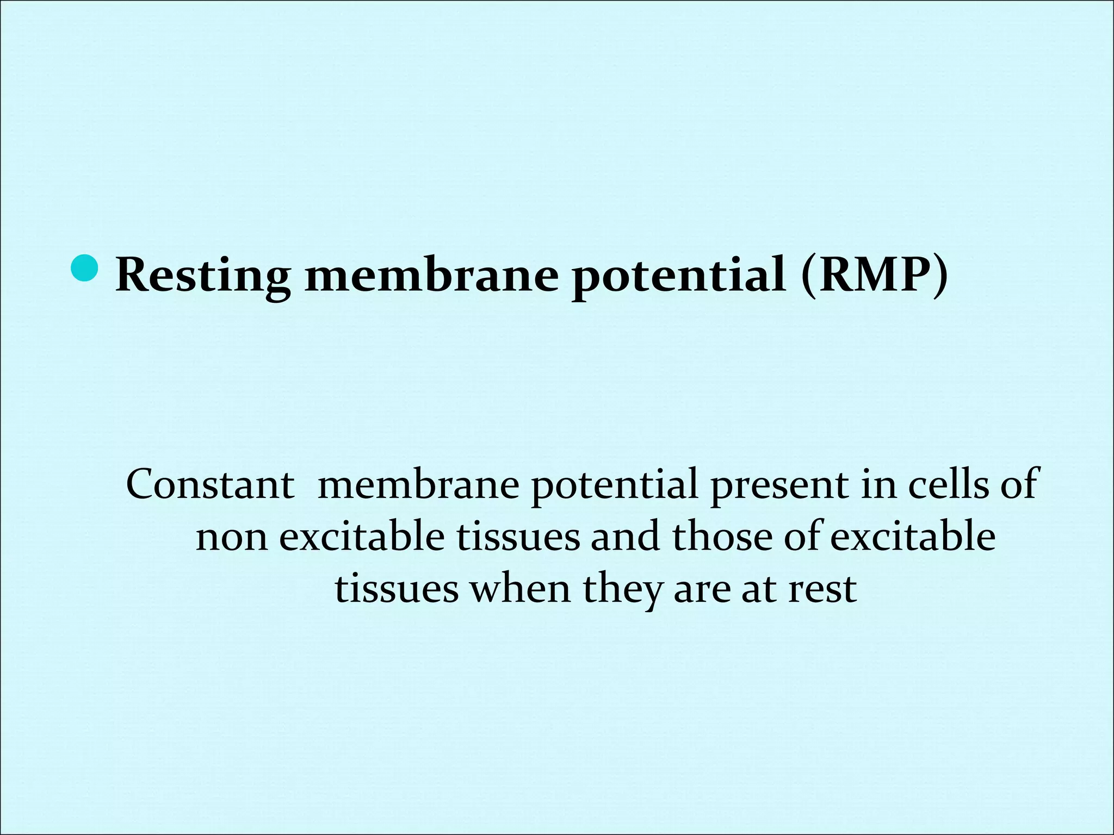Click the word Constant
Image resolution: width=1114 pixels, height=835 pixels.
[210, 484]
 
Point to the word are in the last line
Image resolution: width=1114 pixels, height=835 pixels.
[702, 590]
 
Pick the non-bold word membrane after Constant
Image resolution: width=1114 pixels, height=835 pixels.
[418, 484]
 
